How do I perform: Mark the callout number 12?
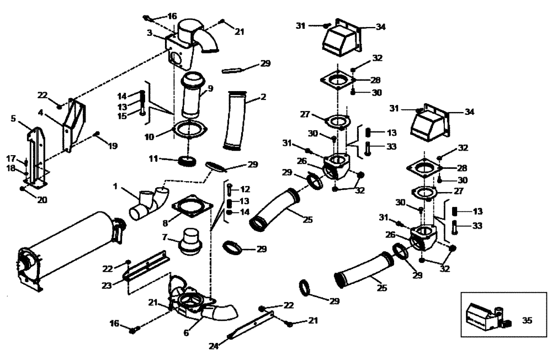[245, 189]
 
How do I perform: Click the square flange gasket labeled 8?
[192, 206]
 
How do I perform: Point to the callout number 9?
[210, 88]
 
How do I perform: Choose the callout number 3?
[149, 33]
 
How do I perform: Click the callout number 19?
[113, 146]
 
